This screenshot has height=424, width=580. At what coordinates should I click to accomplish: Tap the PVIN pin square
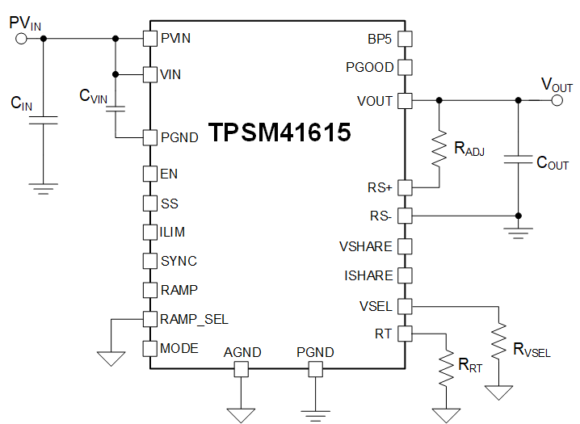(x=149, y=38)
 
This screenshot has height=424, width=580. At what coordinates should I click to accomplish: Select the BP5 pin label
(x=380, y=38)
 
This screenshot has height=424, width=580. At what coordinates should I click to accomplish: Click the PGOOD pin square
(x=405, y=67)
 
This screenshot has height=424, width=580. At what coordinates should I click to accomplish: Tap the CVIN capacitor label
(x=93, y=96)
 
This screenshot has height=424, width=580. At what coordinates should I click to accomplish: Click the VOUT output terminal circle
(x=557, y=101)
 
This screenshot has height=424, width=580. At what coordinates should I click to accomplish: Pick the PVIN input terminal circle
(x=22, y=38)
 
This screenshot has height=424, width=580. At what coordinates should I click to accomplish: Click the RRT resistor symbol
(x=445, y=367)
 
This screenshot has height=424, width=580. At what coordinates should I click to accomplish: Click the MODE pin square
(x=149, y=348)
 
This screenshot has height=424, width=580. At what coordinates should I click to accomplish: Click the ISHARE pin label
(x=368, y=275)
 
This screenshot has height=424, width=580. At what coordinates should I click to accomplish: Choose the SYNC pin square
(x=149, y=261)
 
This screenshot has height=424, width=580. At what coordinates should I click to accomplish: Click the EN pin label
(x=169, y=174)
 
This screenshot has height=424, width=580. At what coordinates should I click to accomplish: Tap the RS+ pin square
(x=405, y=187)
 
